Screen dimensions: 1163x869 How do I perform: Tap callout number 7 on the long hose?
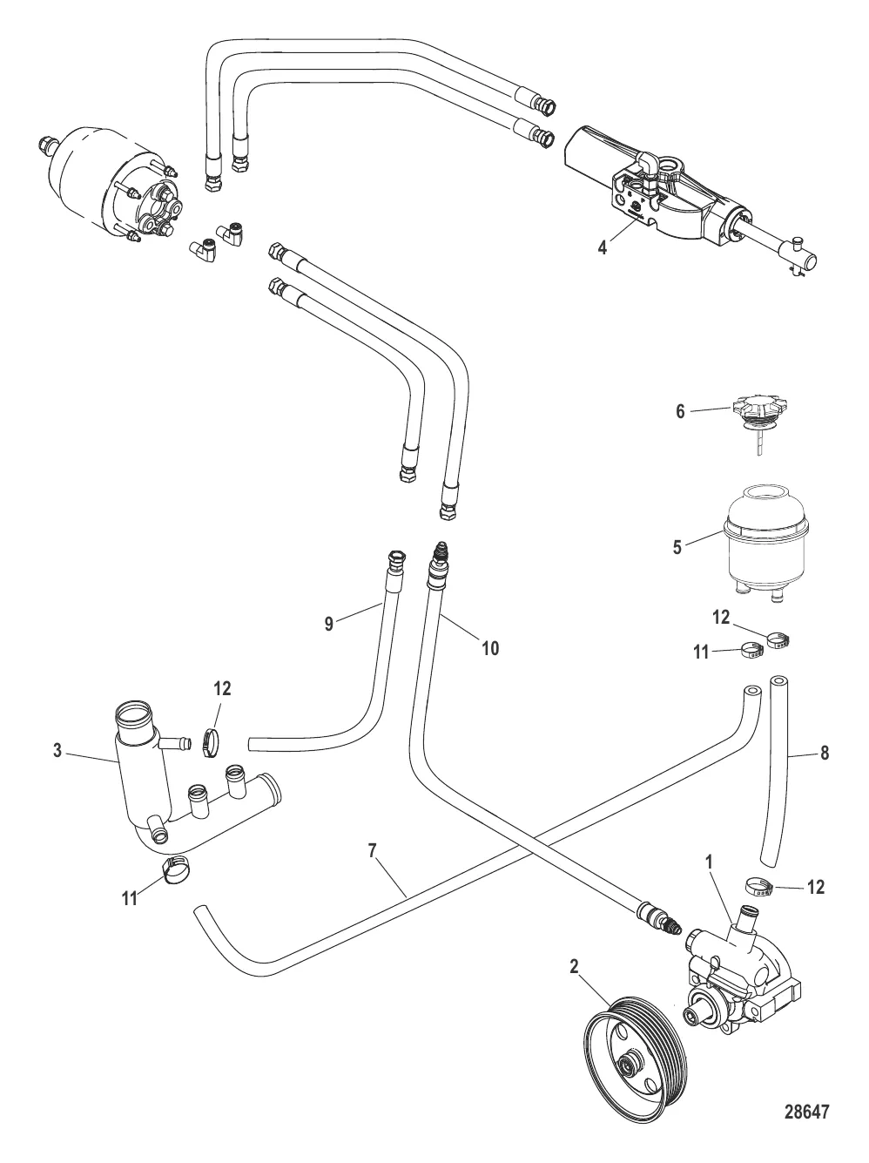pyautogui.click(x=372, y=851)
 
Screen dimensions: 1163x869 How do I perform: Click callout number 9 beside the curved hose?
pyautogui.click(x=330, y=623)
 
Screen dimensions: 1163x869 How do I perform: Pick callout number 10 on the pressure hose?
pyautogui.click(x=489, y=648)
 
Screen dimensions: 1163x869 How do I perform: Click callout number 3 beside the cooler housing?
pyautogui.click(x=57, y=750)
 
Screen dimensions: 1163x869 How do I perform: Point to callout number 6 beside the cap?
pyautogui.click(x=680, y=412)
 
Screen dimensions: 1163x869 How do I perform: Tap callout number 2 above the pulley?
pyautogui.click(x=574, y=965)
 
